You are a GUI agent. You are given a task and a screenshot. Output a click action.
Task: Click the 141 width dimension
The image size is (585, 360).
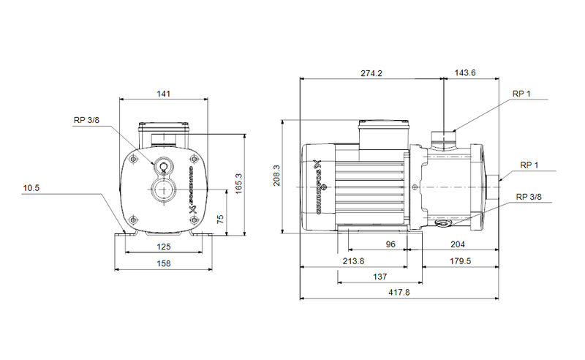(x=163, y=94)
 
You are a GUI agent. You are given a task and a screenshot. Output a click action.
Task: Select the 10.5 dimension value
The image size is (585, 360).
(x=31, y=188)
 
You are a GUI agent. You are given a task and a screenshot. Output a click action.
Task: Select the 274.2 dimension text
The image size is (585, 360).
(x=371, y=73)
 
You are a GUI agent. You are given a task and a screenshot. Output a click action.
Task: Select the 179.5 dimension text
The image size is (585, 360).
(x=460, y=261)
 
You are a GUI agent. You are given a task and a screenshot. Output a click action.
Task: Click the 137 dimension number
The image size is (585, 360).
(x=380, y=277)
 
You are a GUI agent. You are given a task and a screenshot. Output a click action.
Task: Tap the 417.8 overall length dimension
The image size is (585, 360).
(x=399, y=293)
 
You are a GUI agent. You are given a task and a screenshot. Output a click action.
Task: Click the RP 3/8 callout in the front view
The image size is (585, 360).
(x=86, y=120)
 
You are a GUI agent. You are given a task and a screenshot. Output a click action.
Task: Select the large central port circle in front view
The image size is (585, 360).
(x=163, y=193)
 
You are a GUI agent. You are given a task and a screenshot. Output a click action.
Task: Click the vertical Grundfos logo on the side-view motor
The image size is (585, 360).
(x=318, y=187)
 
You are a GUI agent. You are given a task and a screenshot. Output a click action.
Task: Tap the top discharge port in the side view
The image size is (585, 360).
(x=443, y=137)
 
